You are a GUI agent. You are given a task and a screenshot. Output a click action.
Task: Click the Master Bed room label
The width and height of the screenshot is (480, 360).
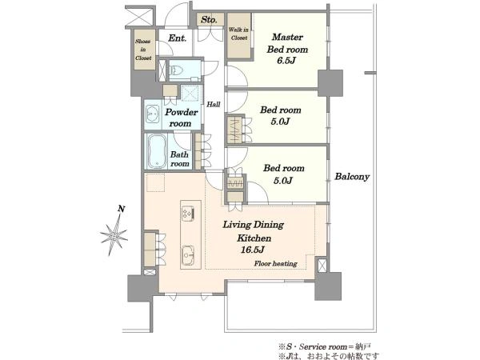click(x=287, y=43)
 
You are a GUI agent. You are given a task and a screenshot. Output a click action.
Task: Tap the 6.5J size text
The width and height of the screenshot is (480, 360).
click(x=286, y=61)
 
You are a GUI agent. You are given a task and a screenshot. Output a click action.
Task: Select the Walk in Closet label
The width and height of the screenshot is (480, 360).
click(x=238, y=34)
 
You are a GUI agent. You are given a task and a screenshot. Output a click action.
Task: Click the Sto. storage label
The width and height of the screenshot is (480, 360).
click(x=209, y=20)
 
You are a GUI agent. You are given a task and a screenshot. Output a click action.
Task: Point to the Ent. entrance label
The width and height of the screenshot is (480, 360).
click(x=178, y=38)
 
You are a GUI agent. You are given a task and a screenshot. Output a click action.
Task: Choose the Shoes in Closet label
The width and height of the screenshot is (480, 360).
click(x=143, y=50)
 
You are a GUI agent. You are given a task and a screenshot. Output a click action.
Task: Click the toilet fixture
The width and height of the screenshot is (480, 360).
click(x=176, y=70)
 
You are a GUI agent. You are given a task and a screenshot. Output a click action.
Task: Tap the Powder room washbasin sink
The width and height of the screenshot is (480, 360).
click(x=152, y=114)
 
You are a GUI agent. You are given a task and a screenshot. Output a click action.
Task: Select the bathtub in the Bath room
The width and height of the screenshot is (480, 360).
click(x=157, y=151)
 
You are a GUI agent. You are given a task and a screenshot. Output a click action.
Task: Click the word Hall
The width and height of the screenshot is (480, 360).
click(x=214, y=104)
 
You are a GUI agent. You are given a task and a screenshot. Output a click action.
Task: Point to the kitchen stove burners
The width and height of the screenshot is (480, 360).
click(x=188, y=213)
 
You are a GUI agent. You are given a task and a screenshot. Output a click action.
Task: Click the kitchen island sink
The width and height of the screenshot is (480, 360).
click(x=188, y=254)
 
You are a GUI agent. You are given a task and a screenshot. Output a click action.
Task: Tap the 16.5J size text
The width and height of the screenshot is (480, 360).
click(x=252, y=250)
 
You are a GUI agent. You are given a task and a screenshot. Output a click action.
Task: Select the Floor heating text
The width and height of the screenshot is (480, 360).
click(x=275, y=263)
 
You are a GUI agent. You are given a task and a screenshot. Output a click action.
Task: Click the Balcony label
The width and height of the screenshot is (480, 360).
click(x=352, y=177)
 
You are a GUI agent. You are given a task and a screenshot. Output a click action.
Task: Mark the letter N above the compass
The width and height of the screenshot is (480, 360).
click(x=122, y=209)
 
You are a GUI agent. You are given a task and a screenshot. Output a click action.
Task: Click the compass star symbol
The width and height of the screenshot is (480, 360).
click(x=114, y=235)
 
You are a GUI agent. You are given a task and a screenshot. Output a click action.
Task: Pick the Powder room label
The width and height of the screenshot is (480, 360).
click(x=182, y=118)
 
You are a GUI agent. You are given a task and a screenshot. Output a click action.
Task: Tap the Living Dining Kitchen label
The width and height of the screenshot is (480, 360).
click(x=254, y=231)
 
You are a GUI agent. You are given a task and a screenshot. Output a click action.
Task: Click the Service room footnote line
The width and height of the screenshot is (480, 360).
click(x=325, y=347)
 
